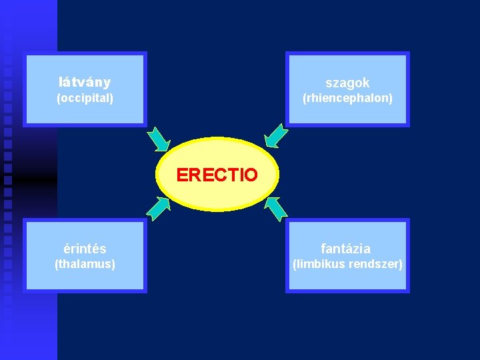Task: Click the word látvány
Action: [85, 83]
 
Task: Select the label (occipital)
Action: [85, 99]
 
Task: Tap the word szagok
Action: [347, 83]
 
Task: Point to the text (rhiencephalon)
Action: [347, 99]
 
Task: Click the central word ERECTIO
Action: [217, 175]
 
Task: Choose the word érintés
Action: [85, 249]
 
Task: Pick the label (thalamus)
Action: [85, 265]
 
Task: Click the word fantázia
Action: [346, 249]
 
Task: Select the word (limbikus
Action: [319, 265]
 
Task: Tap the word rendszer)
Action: [376, 265]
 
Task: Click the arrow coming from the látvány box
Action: [159, 139]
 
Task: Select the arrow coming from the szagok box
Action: [276, 135]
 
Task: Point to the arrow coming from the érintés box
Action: [158, 208]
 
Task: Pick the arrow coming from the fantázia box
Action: [275, 209]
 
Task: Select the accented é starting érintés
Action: [67, 249]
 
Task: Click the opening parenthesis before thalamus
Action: [57, 265]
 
